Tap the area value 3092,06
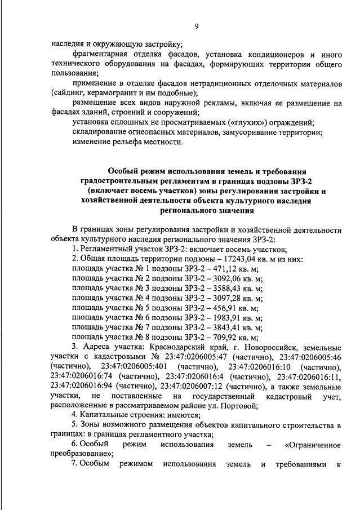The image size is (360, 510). coord(228,278)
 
